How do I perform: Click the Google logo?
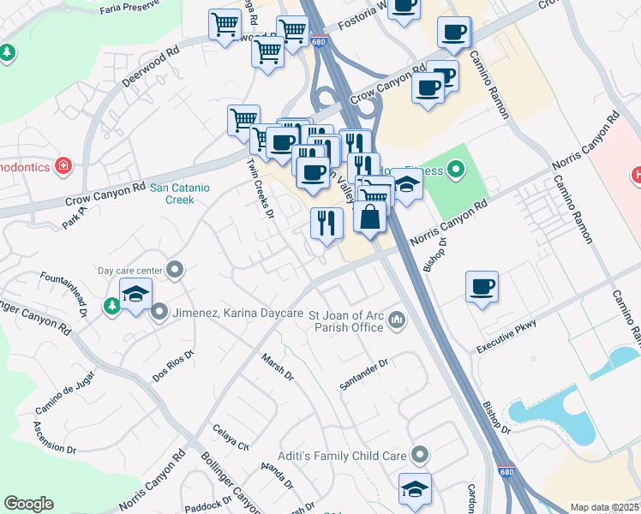(x=28, y=504)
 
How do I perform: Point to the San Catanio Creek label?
(x=184, y=193)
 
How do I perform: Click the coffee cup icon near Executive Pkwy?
(x=482, y=286)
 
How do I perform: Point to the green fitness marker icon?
(x=455, y=170)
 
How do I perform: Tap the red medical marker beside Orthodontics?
(x=63, y=164)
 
